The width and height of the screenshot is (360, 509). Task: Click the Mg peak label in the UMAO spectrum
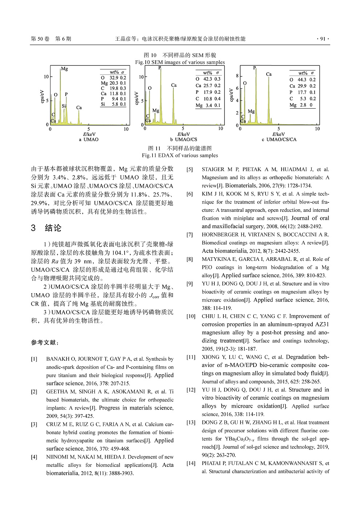pos(64,69)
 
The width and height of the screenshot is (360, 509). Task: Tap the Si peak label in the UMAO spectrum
pos(64,106)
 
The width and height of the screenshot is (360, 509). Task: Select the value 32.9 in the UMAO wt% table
pos(114,78)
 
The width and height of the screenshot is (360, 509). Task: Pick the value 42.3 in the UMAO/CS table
pos(207,79)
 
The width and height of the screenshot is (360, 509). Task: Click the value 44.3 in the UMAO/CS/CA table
pos(302,80)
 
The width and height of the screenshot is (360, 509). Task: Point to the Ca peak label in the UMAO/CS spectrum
pos(174,85)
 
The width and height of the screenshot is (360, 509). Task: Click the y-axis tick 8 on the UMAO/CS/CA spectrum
pos(237,76)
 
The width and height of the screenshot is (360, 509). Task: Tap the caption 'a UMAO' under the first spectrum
pos(89,140)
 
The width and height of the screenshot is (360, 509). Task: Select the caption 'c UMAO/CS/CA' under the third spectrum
pos(279,140)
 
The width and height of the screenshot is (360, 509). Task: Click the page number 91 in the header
pos(323,39)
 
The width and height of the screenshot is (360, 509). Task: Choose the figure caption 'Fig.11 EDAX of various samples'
pos(180,155)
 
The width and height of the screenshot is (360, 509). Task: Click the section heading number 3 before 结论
pos(33,228)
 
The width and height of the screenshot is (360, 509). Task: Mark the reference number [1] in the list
pos(34,359)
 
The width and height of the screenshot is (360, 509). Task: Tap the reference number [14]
pos(191,463)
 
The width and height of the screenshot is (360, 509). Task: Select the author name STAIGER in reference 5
pos(213,169)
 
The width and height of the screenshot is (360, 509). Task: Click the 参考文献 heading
pos(44,343)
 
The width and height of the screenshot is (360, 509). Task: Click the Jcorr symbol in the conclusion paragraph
pos(154,295)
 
